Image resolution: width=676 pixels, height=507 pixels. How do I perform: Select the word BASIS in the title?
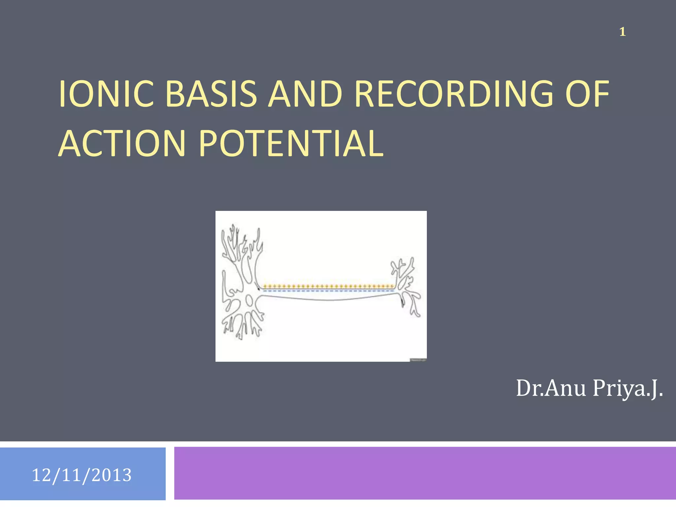point(211,94)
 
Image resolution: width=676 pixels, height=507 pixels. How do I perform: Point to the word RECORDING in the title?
point(454,94)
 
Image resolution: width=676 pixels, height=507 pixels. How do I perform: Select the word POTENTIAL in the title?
point(291,144)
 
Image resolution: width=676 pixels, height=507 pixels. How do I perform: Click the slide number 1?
point(622,32)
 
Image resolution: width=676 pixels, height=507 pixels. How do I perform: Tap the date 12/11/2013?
point(82,475)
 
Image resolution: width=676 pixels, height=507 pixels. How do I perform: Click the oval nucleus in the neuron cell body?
point(249,301)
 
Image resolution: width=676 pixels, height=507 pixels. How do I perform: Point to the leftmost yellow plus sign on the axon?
point(265,286)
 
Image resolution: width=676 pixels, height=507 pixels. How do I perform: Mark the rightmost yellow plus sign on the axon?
point(392,286)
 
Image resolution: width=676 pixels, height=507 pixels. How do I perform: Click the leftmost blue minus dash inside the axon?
point(265,291)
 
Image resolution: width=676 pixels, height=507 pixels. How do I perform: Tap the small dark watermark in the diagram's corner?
point(418,360)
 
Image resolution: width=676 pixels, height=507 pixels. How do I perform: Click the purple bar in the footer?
point(425,473)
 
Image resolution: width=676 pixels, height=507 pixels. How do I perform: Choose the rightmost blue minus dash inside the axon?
point(392,291)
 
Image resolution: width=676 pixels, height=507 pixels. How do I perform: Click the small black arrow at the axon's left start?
point(258,289)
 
